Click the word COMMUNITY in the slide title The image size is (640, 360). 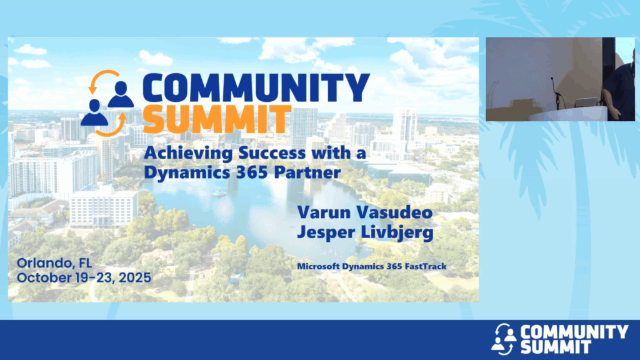pyautogui.click(x=256, y=87)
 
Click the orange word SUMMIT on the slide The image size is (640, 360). pyautogui.click(x=217, y=119)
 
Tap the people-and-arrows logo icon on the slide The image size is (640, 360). pyautogui.click(x=107, y=103)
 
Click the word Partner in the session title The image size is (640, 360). pyautogui.click(x=307, y=172)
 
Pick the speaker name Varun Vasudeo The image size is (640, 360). pyautogui.click(x=365, y=212)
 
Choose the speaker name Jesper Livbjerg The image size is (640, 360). pyautogui.click(x=365, y=232)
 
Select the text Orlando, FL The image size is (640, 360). pyautogui.click(x=54, y=263)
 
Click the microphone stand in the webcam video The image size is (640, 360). pyautogui.click(x=557, y=94)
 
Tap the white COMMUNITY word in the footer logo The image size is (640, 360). pyautogui.click(x=575, y=332)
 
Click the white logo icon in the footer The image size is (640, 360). pyautogui.click(x=504, y=339)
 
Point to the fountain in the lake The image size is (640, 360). pyautogui.click(x=218, y=192)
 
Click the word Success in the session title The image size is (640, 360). pyautogui.click(x=272, y=154)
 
